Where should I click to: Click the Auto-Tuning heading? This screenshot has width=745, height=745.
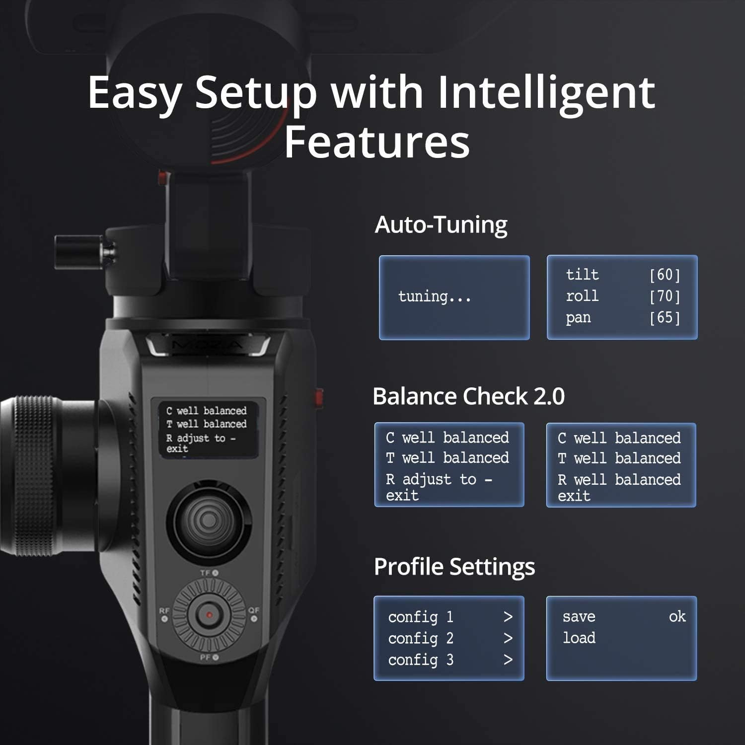click(x=441, y=224)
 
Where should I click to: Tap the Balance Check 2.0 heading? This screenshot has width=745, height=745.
click(x=468, y=396)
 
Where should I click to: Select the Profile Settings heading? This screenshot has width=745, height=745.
click(x=454, y=567)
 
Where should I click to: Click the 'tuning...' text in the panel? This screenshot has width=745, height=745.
click(x=435, y=297)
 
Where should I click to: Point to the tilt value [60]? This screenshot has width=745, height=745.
click(x=665, y=275)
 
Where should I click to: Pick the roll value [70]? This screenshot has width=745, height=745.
click(x=665, y=296)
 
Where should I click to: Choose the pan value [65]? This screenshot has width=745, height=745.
click(x=665, y=317)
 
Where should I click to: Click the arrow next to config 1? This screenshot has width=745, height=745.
click(x=508, y=617)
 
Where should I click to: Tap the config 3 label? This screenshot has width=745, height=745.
click(x=421, y=660)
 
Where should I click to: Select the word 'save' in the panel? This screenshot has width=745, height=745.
click(x=579, y=617)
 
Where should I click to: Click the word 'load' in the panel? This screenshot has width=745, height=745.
click(x=579, y=638)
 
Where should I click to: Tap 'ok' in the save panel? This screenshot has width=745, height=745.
click(x=677, y=616)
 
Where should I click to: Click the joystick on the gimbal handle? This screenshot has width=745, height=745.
click(x=209, y=521)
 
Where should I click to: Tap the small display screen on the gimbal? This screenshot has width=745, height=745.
click(x=205, y=429)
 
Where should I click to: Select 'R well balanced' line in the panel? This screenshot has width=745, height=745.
click(x=619, y=480)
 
